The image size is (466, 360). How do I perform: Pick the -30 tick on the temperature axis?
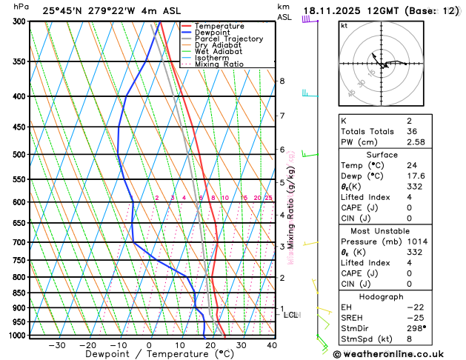[56, 345]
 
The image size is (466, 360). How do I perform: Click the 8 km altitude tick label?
[282, 81]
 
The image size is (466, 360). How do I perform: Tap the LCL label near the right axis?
[291, 315]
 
